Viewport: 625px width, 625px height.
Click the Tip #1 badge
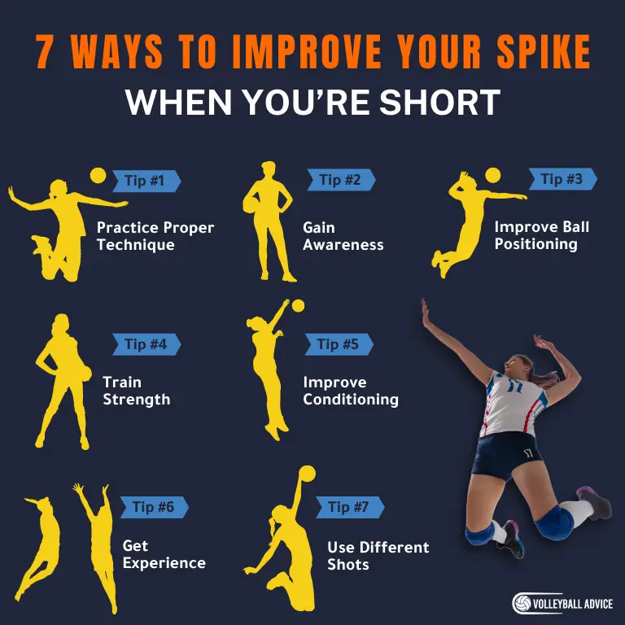click(x=146, y=181)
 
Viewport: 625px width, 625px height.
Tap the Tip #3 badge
click(x=562, y=179)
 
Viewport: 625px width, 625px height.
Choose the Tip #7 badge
click(x=349, y=508)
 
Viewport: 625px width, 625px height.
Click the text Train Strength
click(x=136, y=391)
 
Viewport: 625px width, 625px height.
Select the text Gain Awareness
click(x=343, y=236)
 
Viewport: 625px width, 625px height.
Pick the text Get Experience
click(x=164, y=554)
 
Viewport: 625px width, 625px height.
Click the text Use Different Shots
click(x=378, y=556)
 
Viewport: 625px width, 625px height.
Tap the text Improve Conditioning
click(x=351, y=391)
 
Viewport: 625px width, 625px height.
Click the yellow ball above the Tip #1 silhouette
click(x=98, y=175)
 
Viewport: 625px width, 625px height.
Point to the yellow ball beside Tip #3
click(x=493, y=175)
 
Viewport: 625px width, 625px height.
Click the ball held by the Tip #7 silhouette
click(x=307, y=474)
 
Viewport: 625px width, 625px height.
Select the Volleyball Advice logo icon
click(x=522, y=603)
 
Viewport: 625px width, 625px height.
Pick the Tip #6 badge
click(x=154, y=508)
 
